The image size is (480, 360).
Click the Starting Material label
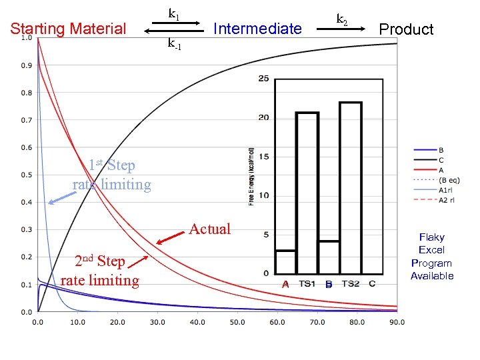[x=68, y=29]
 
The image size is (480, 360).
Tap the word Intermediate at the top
[x=257, y=29]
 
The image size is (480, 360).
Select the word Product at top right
[x=406, y=29]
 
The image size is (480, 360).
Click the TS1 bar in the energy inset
[x=307, y=193]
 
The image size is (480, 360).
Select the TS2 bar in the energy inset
[x=351, y=187]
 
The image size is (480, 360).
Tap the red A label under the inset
[x=285, y=284]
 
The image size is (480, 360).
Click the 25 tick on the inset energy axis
[x=263, y=79]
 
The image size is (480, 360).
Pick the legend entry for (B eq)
[x=449, y=179]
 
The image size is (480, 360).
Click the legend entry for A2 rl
[x=447, y=199]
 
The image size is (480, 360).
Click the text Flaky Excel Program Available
[x=432, y=256]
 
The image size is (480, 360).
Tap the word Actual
[x=210, y=229]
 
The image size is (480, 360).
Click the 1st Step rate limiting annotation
[x=112, y=175]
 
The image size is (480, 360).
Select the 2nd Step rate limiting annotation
[x=100, y=271]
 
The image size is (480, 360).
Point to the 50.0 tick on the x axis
[x=238, y=322]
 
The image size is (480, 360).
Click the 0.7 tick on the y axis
[x=26, y=120]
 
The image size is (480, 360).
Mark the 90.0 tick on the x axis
[x=397, y=322]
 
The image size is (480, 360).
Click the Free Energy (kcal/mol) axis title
[x=251, y=176]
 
